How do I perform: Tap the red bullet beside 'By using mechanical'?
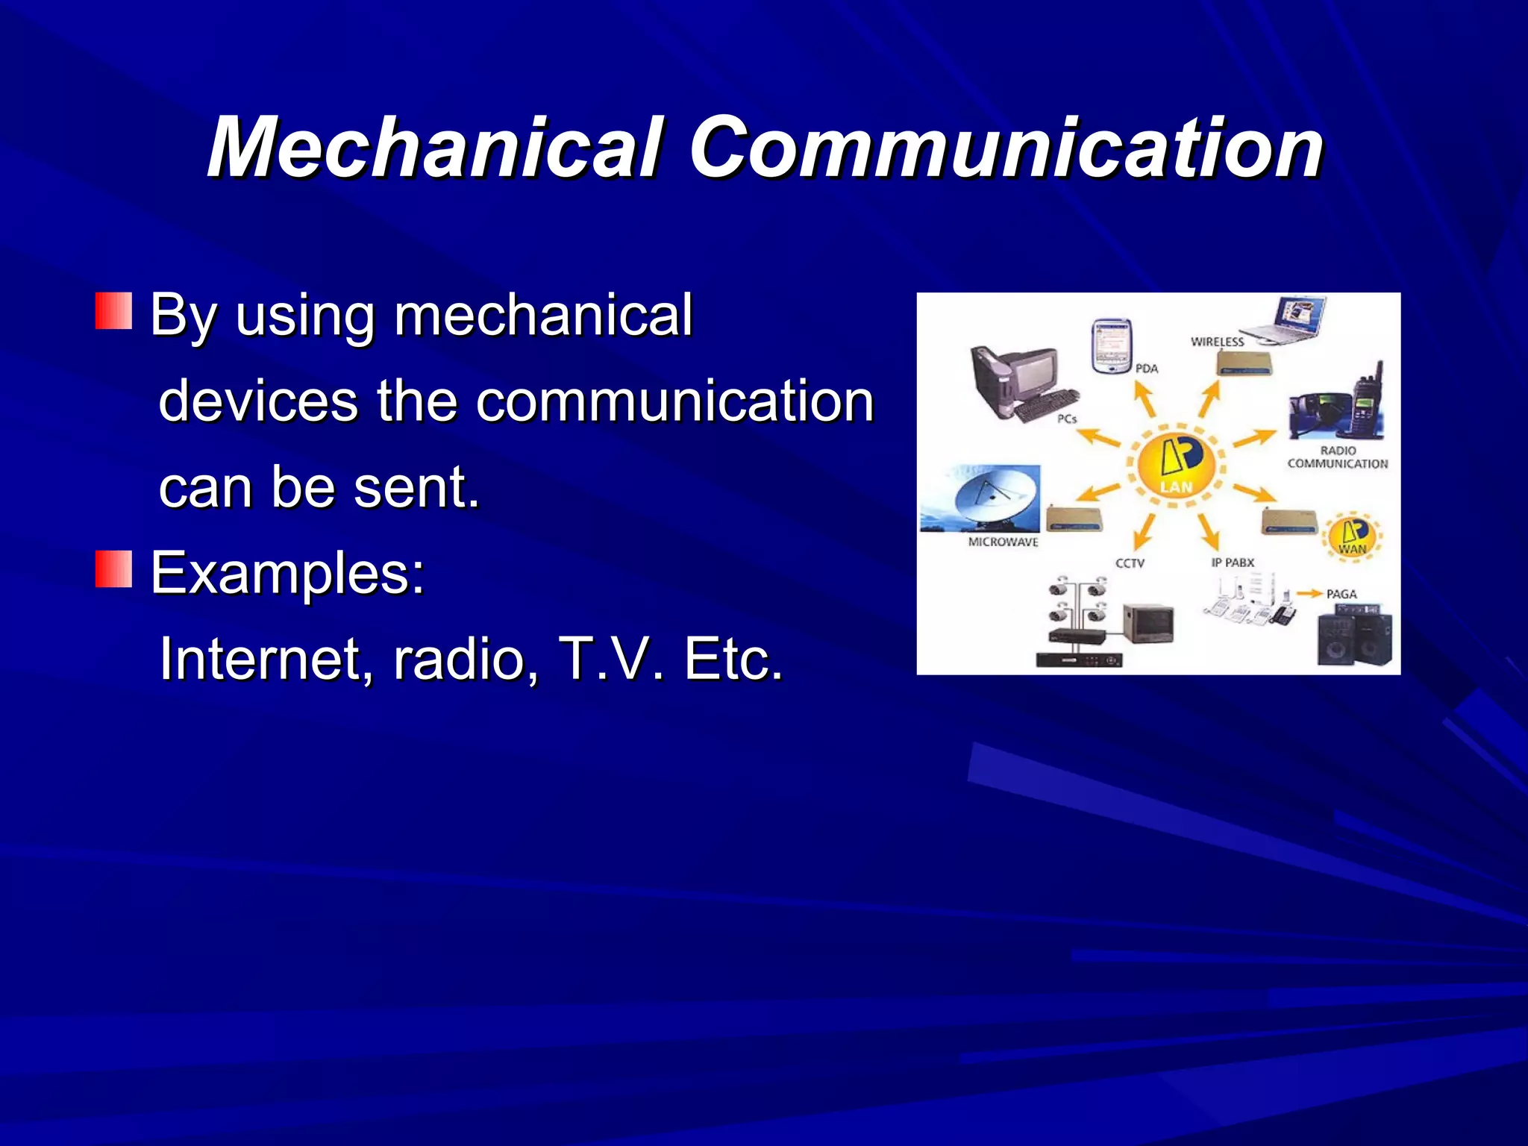[x=113, y=311]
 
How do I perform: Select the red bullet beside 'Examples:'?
[x=113, y=569]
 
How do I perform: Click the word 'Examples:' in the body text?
[x=288, y=573]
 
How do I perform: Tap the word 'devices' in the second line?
[x=258, y=401]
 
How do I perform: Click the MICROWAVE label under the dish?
[x=1003, y=542]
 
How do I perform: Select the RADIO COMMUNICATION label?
[x=1338, y=457]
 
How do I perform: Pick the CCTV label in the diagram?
[x=1130, y=563]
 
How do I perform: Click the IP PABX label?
[x=1233, y=563]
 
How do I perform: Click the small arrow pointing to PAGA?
[x=1309, y=594]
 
